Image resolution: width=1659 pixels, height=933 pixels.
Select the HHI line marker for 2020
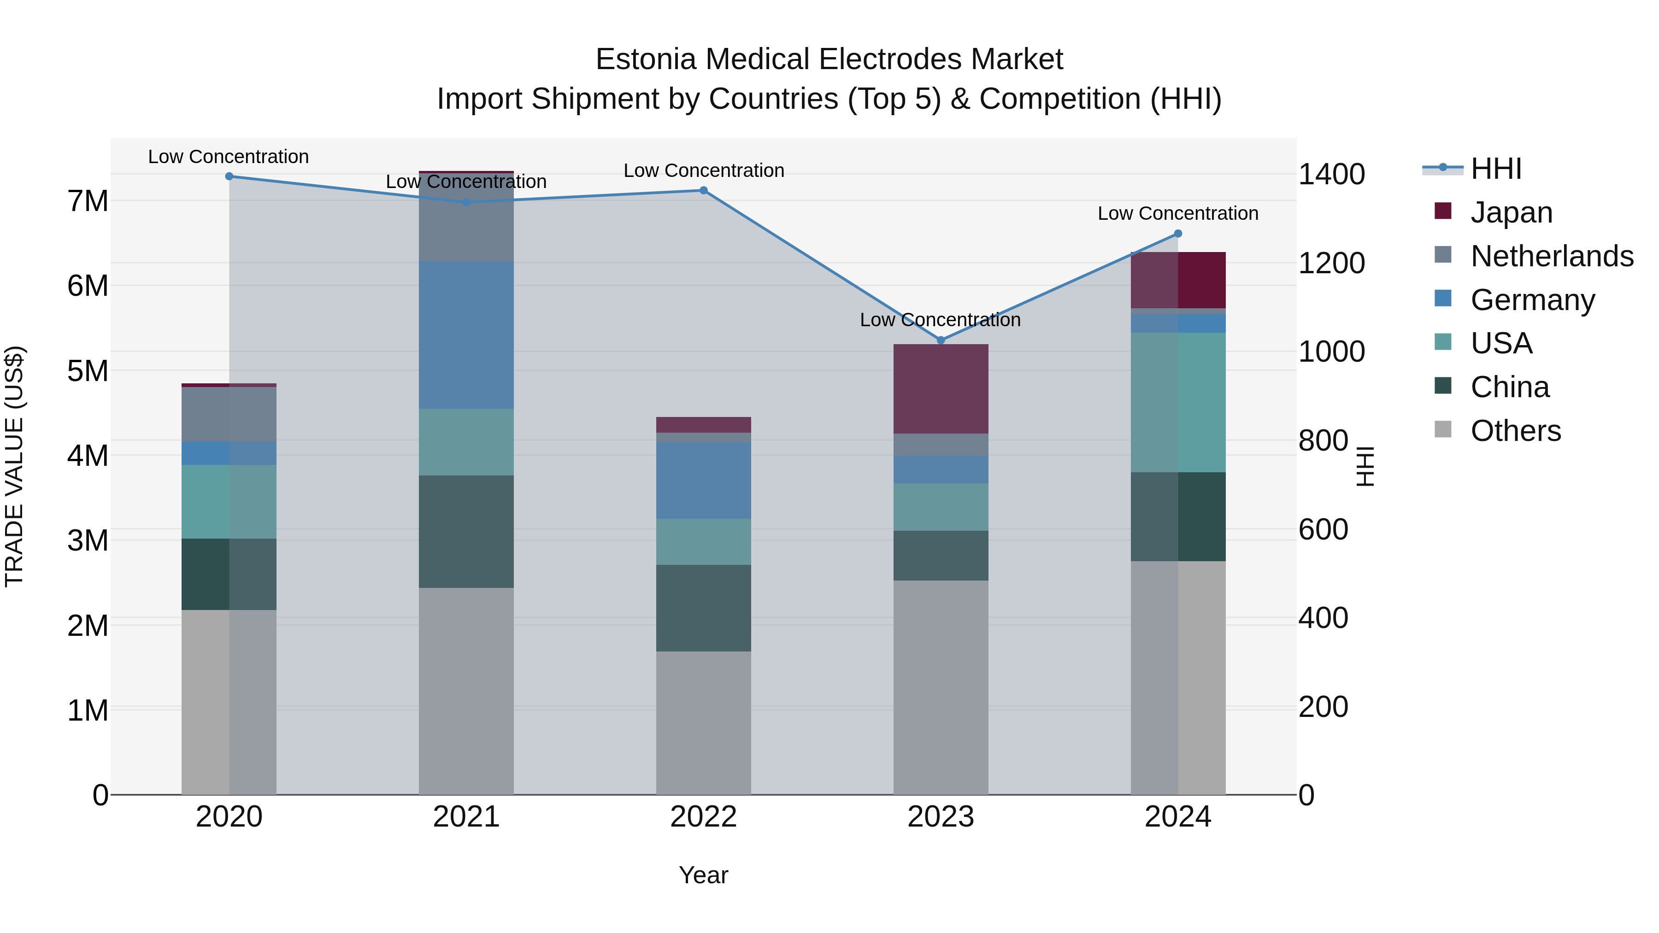click(229, 176)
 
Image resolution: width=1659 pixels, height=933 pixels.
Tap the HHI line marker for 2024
click(1178, 234)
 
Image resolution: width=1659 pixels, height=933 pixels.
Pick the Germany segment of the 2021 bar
click(466, 335)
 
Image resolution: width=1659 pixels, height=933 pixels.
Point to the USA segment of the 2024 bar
click(1178, 402)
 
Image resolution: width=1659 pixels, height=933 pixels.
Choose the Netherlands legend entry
click(1552, 256)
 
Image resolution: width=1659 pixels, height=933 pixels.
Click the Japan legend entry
click(1511, 212)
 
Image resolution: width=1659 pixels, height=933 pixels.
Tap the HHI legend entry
click(1496, 169)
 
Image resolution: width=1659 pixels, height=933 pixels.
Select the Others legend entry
click(1515, 431)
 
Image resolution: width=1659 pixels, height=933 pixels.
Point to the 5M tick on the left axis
click(88, 371)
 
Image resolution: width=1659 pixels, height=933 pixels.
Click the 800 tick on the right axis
click(1323, 441)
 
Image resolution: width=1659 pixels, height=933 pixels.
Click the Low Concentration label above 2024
click(1178, 213)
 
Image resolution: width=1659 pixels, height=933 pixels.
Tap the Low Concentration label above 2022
click(703, 170)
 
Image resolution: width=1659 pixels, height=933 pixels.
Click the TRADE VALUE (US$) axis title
click(14, 466)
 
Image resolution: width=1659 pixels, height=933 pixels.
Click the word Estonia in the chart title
click(646, 59)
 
